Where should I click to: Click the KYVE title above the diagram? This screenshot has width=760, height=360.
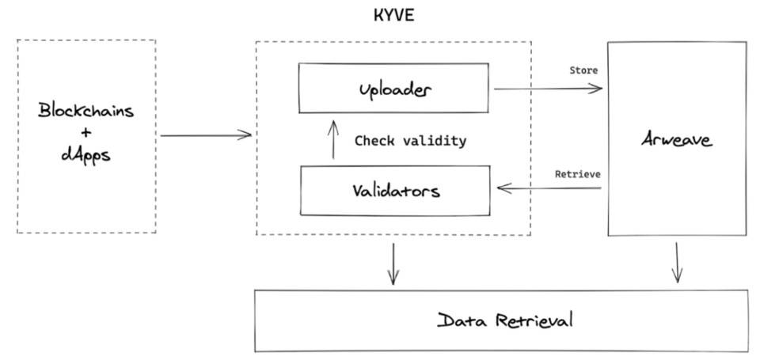(x=393, y=16)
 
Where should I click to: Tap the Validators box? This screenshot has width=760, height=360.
(x=395, y=191)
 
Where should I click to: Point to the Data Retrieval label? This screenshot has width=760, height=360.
(x=504, y=320)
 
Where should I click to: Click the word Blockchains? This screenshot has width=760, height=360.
(x=86, y=111)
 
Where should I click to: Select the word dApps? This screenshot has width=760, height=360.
(x=85, y=154)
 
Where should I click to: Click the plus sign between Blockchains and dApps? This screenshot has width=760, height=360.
(x=85, y=133)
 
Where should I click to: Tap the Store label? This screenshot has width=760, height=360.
(x=583, y=70)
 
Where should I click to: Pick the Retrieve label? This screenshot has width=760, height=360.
(x=576, y=173)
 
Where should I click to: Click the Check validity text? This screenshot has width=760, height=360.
(x=409, y=141)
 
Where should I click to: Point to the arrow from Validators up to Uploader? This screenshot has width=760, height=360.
(x=333, y=140)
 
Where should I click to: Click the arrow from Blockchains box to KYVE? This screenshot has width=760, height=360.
(x=205, y=136)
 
